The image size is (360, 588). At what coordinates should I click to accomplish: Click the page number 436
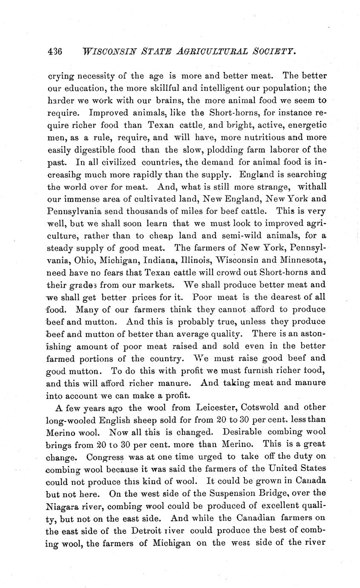coord(54,52)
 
